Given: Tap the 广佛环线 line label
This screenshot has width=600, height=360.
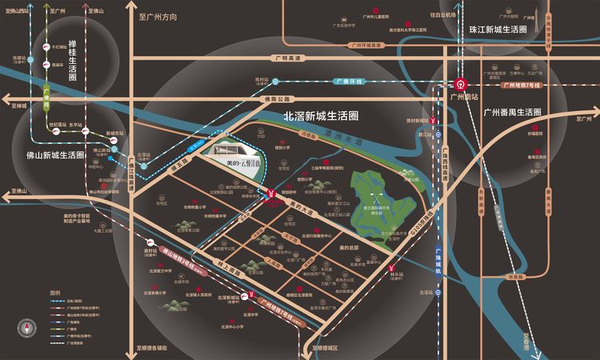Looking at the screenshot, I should [x=349, y=81].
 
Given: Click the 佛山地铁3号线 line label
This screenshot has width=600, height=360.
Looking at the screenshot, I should [x=179, y=258].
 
